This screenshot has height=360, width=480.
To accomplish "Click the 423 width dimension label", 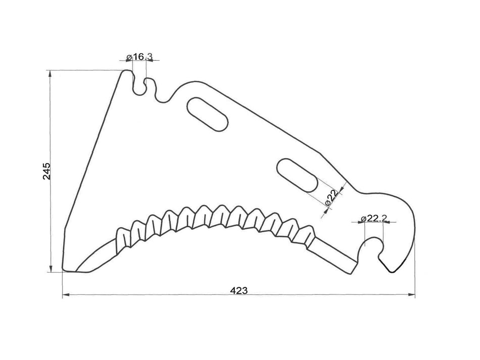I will (x=238, y=290).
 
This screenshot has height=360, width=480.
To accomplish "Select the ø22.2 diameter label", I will (x=373, y=218).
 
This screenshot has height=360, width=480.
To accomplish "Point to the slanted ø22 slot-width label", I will (x=331, y=198).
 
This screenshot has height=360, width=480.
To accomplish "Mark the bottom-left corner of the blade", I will (x=63, y=270).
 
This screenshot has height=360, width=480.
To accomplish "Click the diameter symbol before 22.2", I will (x=363, y=219).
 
